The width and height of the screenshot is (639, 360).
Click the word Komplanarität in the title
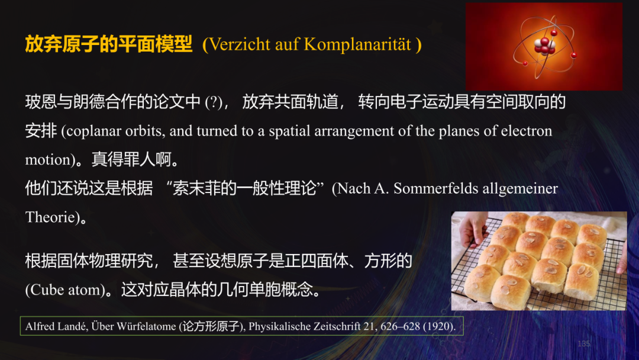357,44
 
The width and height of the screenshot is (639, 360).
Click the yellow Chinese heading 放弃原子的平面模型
108,44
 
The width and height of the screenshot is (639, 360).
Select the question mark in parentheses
214,102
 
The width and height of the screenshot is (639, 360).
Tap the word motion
47,159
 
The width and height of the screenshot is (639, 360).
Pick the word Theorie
50,217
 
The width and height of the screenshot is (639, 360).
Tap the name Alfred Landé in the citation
56,326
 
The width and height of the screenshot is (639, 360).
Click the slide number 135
583,343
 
